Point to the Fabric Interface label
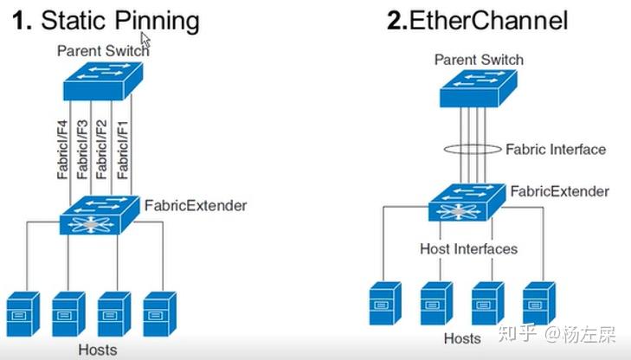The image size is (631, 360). click(555, 149)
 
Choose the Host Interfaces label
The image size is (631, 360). click(468, 249)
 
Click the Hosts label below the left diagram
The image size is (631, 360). click(95, 350)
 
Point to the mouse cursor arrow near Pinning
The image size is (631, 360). click(145, 40)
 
